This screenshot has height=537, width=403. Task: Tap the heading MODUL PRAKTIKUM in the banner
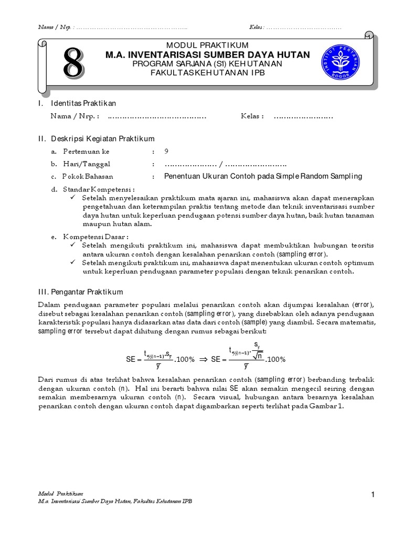pyautogui.click(x=207, y=45)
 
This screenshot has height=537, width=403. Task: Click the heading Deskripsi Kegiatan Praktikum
pyautogui.click(x=103, y=139)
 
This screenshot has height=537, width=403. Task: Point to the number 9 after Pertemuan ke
pyautogui.click(x=166, y=152)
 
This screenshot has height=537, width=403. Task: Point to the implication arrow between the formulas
pyautogui.click(x=203, y=360)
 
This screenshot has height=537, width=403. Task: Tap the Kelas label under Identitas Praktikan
pyautogui.click(x=252, y=116)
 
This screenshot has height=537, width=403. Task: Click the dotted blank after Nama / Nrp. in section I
pyautogui.click(x=157, y=117)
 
